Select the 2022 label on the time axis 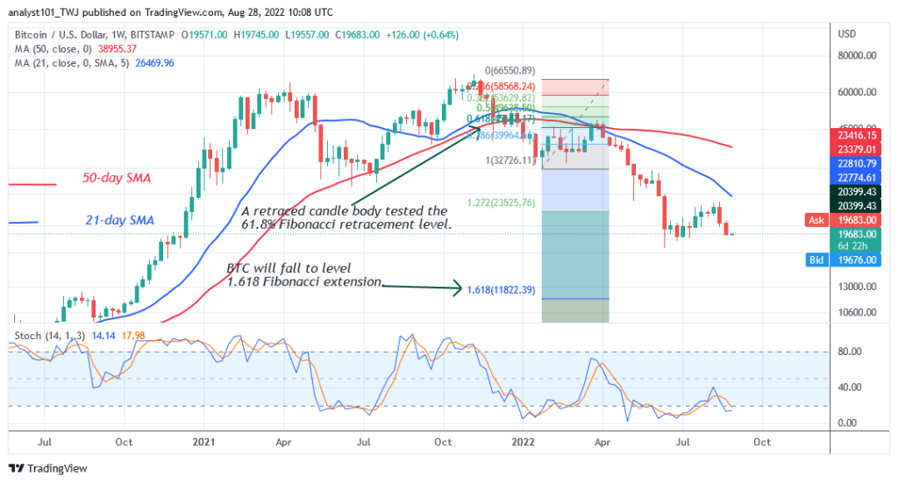click(x=524, y=443)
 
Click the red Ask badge click(x=816, y=220)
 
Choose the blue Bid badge click(x=816, y=259)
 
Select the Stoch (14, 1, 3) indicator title click(x=48, y=334)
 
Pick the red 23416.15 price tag click(x=857, y=137)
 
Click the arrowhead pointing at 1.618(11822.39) click(x=459, y=288)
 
